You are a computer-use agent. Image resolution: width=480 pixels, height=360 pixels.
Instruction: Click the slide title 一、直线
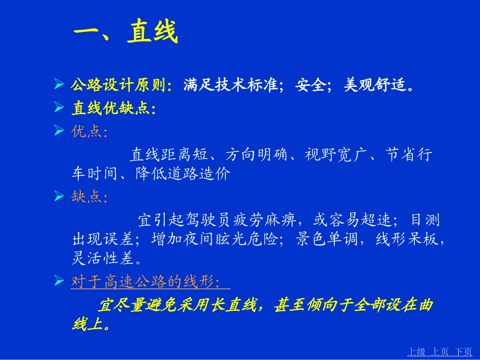coord(126,32)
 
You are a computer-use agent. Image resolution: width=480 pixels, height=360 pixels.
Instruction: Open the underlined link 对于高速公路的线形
coord(146,282)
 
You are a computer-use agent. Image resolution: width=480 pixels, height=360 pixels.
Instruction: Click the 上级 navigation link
coord(416,352)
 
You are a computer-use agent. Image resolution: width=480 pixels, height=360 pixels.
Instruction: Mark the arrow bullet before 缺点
coord(59,196)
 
